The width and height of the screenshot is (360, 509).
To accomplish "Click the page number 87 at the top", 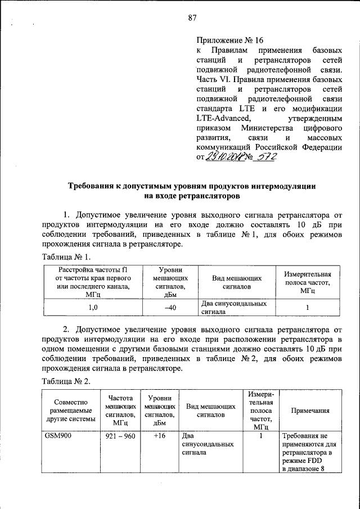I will (192, 18).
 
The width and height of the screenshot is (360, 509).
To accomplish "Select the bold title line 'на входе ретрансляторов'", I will (192, 196).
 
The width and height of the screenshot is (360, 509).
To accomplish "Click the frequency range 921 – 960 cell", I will (120, 436).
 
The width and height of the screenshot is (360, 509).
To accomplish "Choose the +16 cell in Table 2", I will (159, 436).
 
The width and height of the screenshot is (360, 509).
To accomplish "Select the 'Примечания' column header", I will (309, 411).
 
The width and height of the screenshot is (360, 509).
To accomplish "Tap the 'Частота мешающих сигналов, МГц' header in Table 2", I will (120, 410).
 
